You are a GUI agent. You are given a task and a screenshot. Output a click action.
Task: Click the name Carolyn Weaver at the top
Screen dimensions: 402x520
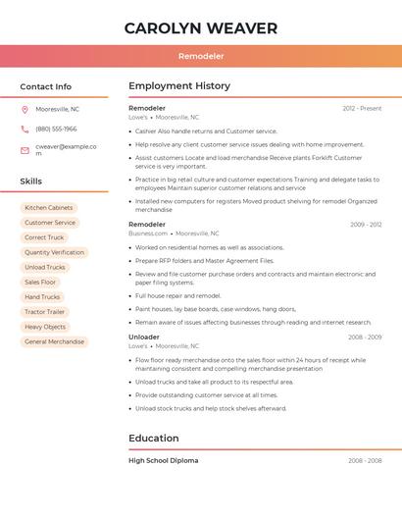click(x=201, y=28)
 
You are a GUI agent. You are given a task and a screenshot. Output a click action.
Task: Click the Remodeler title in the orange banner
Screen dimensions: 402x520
click(x=201, y=57)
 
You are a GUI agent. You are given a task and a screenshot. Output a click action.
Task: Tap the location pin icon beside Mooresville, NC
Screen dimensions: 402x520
click(x=25, y=109)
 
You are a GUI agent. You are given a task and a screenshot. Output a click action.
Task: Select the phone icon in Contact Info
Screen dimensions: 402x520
click(x=25, y=129)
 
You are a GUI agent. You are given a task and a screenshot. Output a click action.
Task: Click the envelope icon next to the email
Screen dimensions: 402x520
click(x=25, y=150)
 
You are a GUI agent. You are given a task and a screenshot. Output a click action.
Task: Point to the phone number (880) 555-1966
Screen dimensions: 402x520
click(x=56, y=129)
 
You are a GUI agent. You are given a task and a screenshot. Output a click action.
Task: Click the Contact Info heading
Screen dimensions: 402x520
click(x=45, y=86)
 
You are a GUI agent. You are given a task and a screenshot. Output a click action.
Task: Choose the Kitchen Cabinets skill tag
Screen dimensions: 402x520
click(x=49, y=208)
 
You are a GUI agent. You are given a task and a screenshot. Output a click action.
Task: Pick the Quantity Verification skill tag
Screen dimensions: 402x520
click(x=54, y=252)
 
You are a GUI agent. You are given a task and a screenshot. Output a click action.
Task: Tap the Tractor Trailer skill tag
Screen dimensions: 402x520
click(x=45, y=312)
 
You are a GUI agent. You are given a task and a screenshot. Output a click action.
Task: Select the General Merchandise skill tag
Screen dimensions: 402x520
click(x=55, y=341)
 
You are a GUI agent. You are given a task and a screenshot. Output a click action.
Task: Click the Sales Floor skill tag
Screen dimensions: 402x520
click(x=41, y=282)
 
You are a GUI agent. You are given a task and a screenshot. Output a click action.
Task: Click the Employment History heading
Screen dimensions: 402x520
click(x=179, y=86)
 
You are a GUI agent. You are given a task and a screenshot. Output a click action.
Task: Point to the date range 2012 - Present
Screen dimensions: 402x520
click(x=362, y=108)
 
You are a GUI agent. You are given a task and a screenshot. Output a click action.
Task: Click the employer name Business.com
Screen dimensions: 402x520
click(x=148, y=234)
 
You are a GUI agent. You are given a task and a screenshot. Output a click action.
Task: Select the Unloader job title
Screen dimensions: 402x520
click(x=143, y=337)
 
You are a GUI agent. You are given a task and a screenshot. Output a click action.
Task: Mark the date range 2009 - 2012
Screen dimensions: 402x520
click(x=366, y=225)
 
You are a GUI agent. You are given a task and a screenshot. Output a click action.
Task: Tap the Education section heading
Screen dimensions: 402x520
click(x=154, y=439)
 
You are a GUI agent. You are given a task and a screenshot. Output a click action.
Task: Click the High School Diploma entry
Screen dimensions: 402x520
click(x=163, y=460)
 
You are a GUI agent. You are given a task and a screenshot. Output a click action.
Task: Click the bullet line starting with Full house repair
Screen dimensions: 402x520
click(x=177, y=295)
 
